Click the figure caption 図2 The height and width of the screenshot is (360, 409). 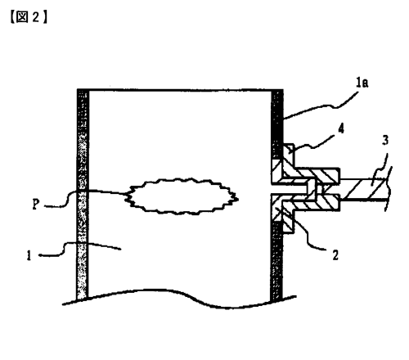pyautogui.click(x=29, y=17)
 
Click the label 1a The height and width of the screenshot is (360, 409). pyautogui.click(x=362, y=82)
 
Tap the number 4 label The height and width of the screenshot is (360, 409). pyautogui.click(x=341, y=128)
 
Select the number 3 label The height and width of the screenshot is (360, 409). pyautogui.click(x=385, y=140)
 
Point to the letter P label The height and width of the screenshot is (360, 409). pyautogui.click(x=35, y=204)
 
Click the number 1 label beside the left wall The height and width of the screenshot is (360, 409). pyautogui.click(x=29, y=255)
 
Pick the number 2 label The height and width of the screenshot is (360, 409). pyautogui.click(x=335, y=255)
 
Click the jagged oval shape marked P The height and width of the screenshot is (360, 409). pyautogui.click(x=182, y=196)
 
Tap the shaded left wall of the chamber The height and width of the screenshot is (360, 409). pyautogui.click(x=83, y=194)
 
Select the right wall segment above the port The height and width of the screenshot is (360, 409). pyautogui.click(x=277, y=124)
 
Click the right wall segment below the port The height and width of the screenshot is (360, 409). pyautogui.click(x=276, y=260)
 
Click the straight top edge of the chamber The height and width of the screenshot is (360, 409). pyautogui.click(x=180, y=89)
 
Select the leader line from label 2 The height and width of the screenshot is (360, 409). pyautogui.click(x=305, y=229)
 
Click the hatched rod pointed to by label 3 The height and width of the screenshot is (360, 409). pyautogui.click(x=364, y=189)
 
